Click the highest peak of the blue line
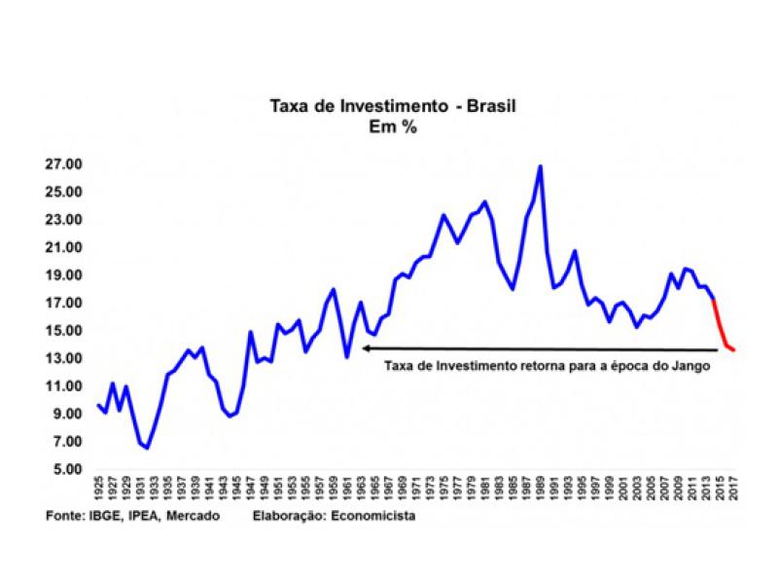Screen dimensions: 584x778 [x=541, y=166]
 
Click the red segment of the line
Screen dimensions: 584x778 [x=723, y=331]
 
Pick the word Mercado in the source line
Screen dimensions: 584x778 [x=194, y=516]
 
